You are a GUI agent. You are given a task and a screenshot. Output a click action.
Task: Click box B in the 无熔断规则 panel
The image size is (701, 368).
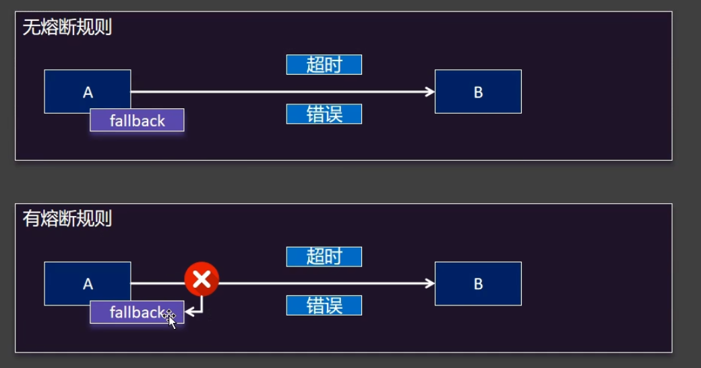tap(478, 91)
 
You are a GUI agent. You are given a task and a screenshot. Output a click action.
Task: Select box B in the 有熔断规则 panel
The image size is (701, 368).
tap(478, 283)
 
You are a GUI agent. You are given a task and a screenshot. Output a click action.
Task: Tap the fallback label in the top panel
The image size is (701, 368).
tap(137, 120)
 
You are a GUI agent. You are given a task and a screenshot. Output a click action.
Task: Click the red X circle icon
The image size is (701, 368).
tap(202, 279)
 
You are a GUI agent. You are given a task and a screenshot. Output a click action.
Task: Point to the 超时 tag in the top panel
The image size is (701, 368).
tap(324, 65)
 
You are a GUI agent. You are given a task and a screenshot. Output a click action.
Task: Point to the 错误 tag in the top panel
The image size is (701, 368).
tap(324, 114)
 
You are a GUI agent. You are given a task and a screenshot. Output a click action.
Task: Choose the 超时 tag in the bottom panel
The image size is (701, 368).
tap(324, 256)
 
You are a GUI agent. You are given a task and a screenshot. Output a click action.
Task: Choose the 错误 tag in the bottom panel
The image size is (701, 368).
tap(324, 305)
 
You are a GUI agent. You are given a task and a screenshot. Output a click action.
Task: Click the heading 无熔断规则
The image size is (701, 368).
tap(67, 28)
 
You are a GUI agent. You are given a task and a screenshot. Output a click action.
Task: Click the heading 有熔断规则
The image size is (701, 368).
tap(67, 219)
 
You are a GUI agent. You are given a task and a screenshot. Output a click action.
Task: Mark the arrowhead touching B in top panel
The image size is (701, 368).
tap(430, 91)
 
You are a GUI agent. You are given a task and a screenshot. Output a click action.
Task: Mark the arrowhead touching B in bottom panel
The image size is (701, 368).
tap(430, 283)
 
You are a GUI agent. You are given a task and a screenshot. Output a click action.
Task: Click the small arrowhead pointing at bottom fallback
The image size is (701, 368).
tap(189, 311)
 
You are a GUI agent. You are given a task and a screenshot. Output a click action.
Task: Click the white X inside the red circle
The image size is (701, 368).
tap(202, 279)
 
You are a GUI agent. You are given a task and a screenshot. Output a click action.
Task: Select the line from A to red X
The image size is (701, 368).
tap(157, 283)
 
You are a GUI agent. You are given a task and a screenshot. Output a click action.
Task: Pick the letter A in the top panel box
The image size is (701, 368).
tap(88, 92)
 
